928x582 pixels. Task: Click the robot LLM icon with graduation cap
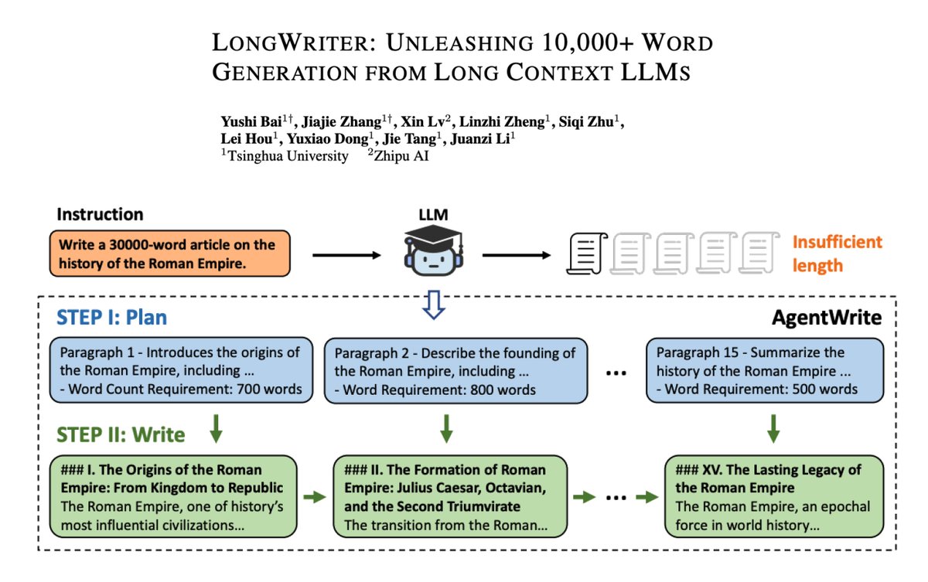point(432,252)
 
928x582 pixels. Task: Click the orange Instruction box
point(170,254)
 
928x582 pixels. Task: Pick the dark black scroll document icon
point(585,254)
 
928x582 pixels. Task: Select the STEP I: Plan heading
point(112,318)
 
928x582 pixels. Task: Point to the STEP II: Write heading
point(121,434)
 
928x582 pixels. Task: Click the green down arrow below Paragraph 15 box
point(773,428)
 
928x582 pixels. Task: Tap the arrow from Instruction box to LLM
point(346,254)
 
